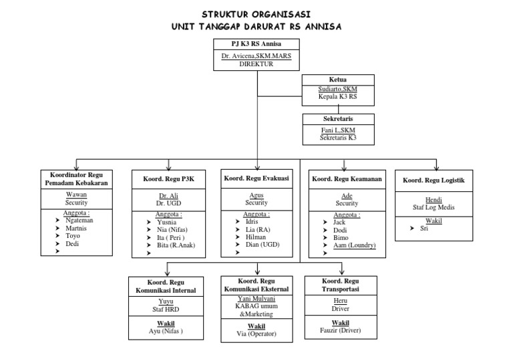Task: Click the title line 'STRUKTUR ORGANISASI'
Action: pyautogui.click(x=257, y=14)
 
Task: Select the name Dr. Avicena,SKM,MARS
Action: pyautogui.click(x=257, y=57)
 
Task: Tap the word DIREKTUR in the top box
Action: pyautogui.click(x=257, y=65)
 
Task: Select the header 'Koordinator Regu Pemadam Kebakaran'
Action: pyautogui.click(x=75, y=178)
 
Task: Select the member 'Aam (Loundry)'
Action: pyautogui.click(x=354, y=245)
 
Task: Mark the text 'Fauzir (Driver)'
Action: pyautogui.click(x=342, y=330)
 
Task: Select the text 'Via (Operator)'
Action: pyautogui.click(x=257, y=334)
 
